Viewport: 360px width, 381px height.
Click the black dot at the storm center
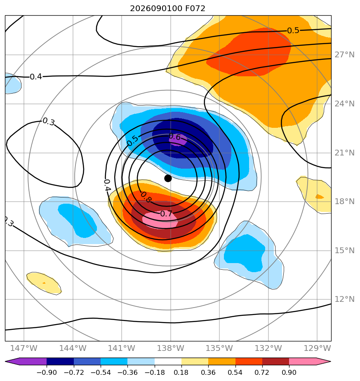click(168, 179)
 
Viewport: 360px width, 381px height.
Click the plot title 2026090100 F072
click(167, 9)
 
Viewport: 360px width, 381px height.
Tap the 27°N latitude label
click(344, 55)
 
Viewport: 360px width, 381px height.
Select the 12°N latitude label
click(344, 299)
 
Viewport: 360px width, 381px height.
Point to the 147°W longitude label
click(24, 348)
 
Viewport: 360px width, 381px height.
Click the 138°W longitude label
click(170, 348)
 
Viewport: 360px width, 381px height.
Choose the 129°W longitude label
click(317, 348)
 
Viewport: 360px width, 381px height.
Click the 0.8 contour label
click(146, 197)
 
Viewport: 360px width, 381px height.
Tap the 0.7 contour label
click(166, 214)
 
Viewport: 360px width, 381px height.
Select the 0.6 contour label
click(175, 137)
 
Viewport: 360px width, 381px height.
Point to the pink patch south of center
click(160, 220)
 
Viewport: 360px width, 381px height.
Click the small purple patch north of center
click(178, 140)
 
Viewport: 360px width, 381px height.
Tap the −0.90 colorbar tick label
click(47, 372)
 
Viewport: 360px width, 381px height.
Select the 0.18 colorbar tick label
click(181, 372)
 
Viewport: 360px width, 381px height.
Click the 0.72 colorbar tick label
click(262, 372)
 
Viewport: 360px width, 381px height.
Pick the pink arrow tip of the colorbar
click(330, 361)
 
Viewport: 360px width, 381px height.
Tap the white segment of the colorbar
click(168, 361)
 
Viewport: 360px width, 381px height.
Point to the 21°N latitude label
click(344, 153)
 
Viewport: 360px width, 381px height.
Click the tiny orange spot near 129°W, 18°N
click(320, 197)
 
